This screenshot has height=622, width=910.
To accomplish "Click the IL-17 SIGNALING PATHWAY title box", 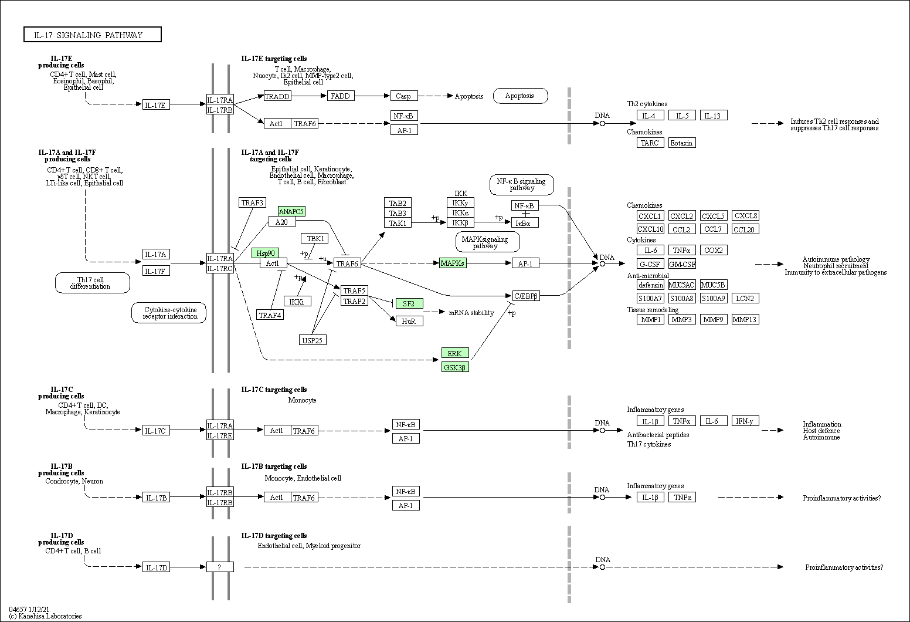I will pos(93,35).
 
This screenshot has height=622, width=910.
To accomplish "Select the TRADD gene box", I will pos(277,96).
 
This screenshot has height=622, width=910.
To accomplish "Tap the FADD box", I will pos(340,96).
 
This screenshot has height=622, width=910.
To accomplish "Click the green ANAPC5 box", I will pos(291,211).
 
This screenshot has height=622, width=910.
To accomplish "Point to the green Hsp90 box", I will pos(265,253).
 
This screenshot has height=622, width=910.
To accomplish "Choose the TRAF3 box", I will pos(252,202).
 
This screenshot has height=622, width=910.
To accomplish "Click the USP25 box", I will pos(313,340).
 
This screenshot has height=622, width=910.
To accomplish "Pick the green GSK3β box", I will pos(455,367).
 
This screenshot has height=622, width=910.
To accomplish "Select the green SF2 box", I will pos(409,303).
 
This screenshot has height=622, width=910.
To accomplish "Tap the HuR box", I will pos(409,321).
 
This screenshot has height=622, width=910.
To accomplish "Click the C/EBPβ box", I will pos(525,296).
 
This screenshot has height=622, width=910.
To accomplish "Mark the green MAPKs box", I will pos(453,263).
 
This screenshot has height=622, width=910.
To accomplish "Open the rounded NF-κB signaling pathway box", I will pos(522,185).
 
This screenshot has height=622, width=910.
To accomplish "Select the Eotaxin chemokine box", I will pos(681,143).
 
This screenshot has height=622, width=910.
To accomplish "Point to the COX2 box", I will pos(713,250).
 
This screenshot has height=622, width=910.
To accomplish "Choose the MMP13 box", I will pos(745,319).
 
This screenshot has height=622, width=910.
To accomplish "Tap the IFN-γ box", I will pos(745,421).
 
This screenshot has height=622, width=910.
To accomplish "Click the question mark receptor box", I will pos(219,567).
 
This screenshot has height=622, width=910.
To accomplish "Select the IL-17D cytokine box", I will pos(156,567).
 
